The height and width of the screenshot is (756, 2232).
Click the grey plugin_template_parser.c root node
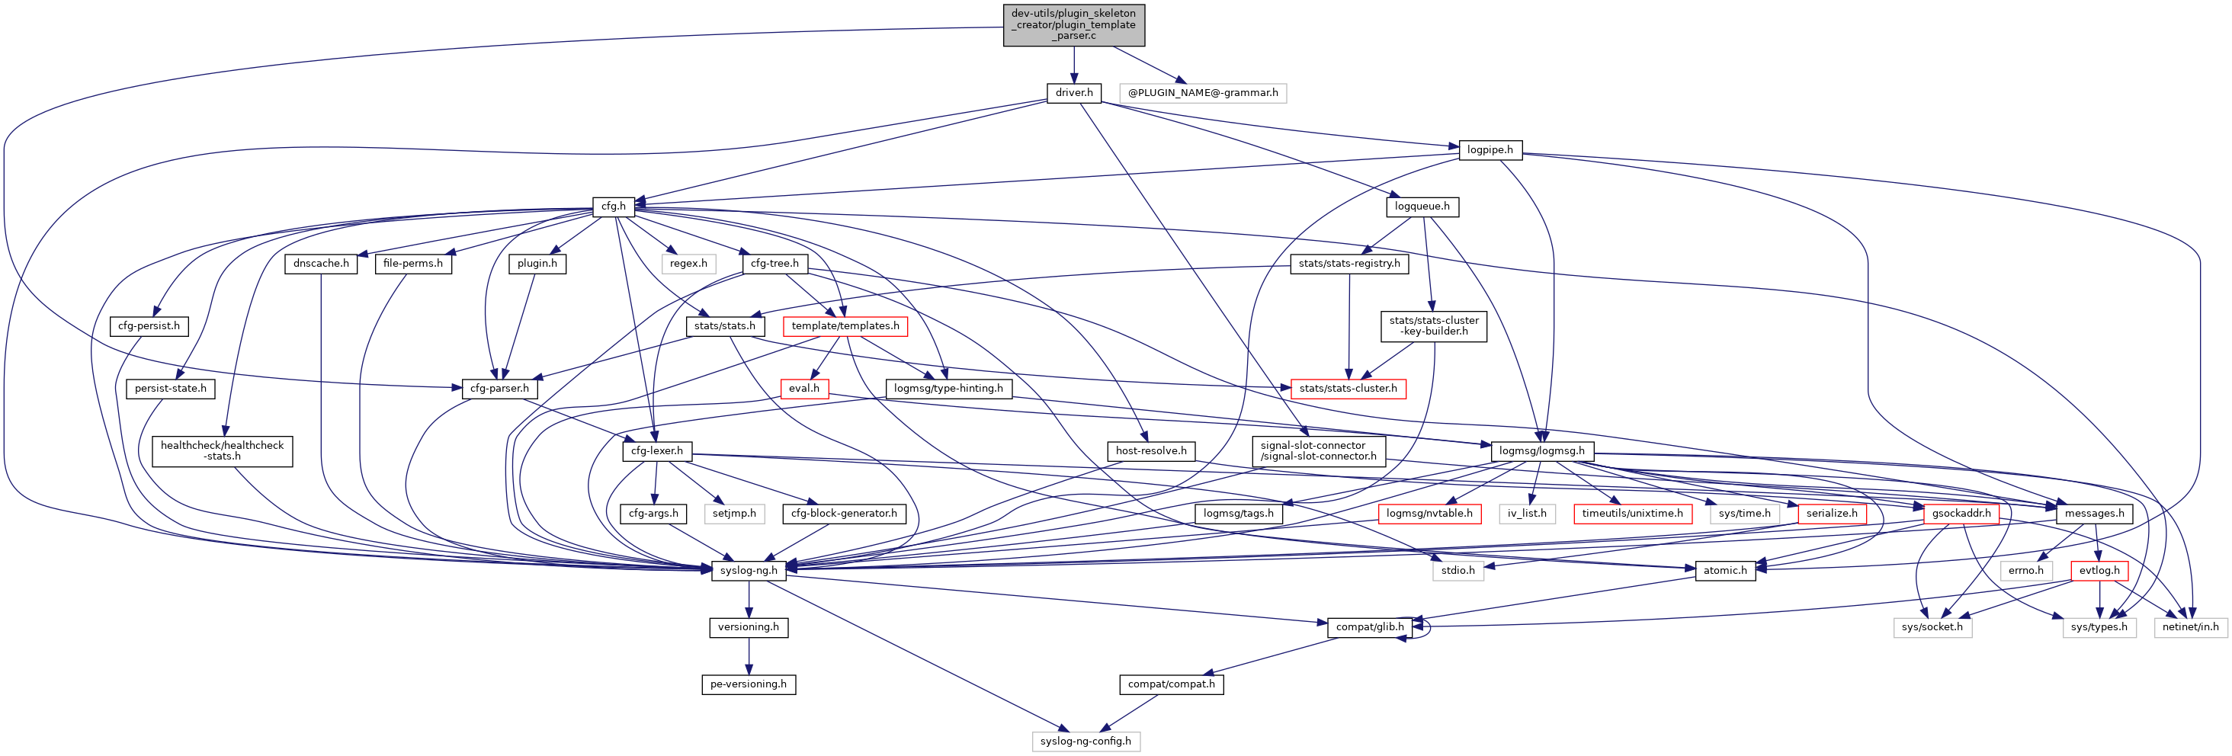(1073, 25)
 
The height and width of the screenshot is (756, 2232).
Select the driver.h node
(1073, 93)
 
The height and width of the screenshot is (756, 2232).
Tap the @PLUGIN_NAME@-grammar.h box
(1202, 93)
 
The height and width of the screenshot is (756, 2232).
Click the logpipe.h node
(1490, 150)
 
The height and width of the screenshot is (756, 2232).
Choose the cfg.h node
(614, 206)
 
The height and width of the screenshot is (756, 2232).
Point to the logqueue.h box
(1421, 206)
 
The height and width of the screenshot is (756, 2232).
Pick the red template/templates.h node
(845, 325)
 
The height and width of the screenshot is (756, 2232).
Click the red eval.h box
(803, 388)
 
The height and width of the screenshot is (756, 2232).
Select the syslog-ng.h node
(749, 570)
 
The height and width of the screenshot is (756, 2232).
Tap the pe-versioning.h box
(748, 684)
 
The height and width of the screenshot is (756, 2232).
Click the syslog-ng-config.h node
(1085, 742)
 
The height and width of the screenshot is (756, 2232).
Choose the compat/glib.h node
(1369, 627)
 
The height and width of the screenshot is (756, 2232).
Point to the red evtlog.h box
(2099, 570)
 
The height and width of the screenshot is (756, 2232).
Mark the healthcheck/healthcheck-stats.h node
(222, 450)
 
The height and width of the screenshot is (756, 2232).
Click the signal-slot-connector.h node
(1318, 450)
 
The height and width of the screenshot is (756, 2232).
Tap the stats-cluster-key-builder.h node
(1433, 325)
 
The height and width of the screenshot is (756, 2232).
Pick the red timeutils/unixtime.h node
(1631, 514)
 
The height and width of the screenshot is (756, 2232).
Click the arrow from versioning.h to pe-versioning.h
(749, 655)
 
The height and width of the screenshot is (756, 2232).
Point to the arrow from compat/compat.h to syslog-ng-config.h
(1129, 713)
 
